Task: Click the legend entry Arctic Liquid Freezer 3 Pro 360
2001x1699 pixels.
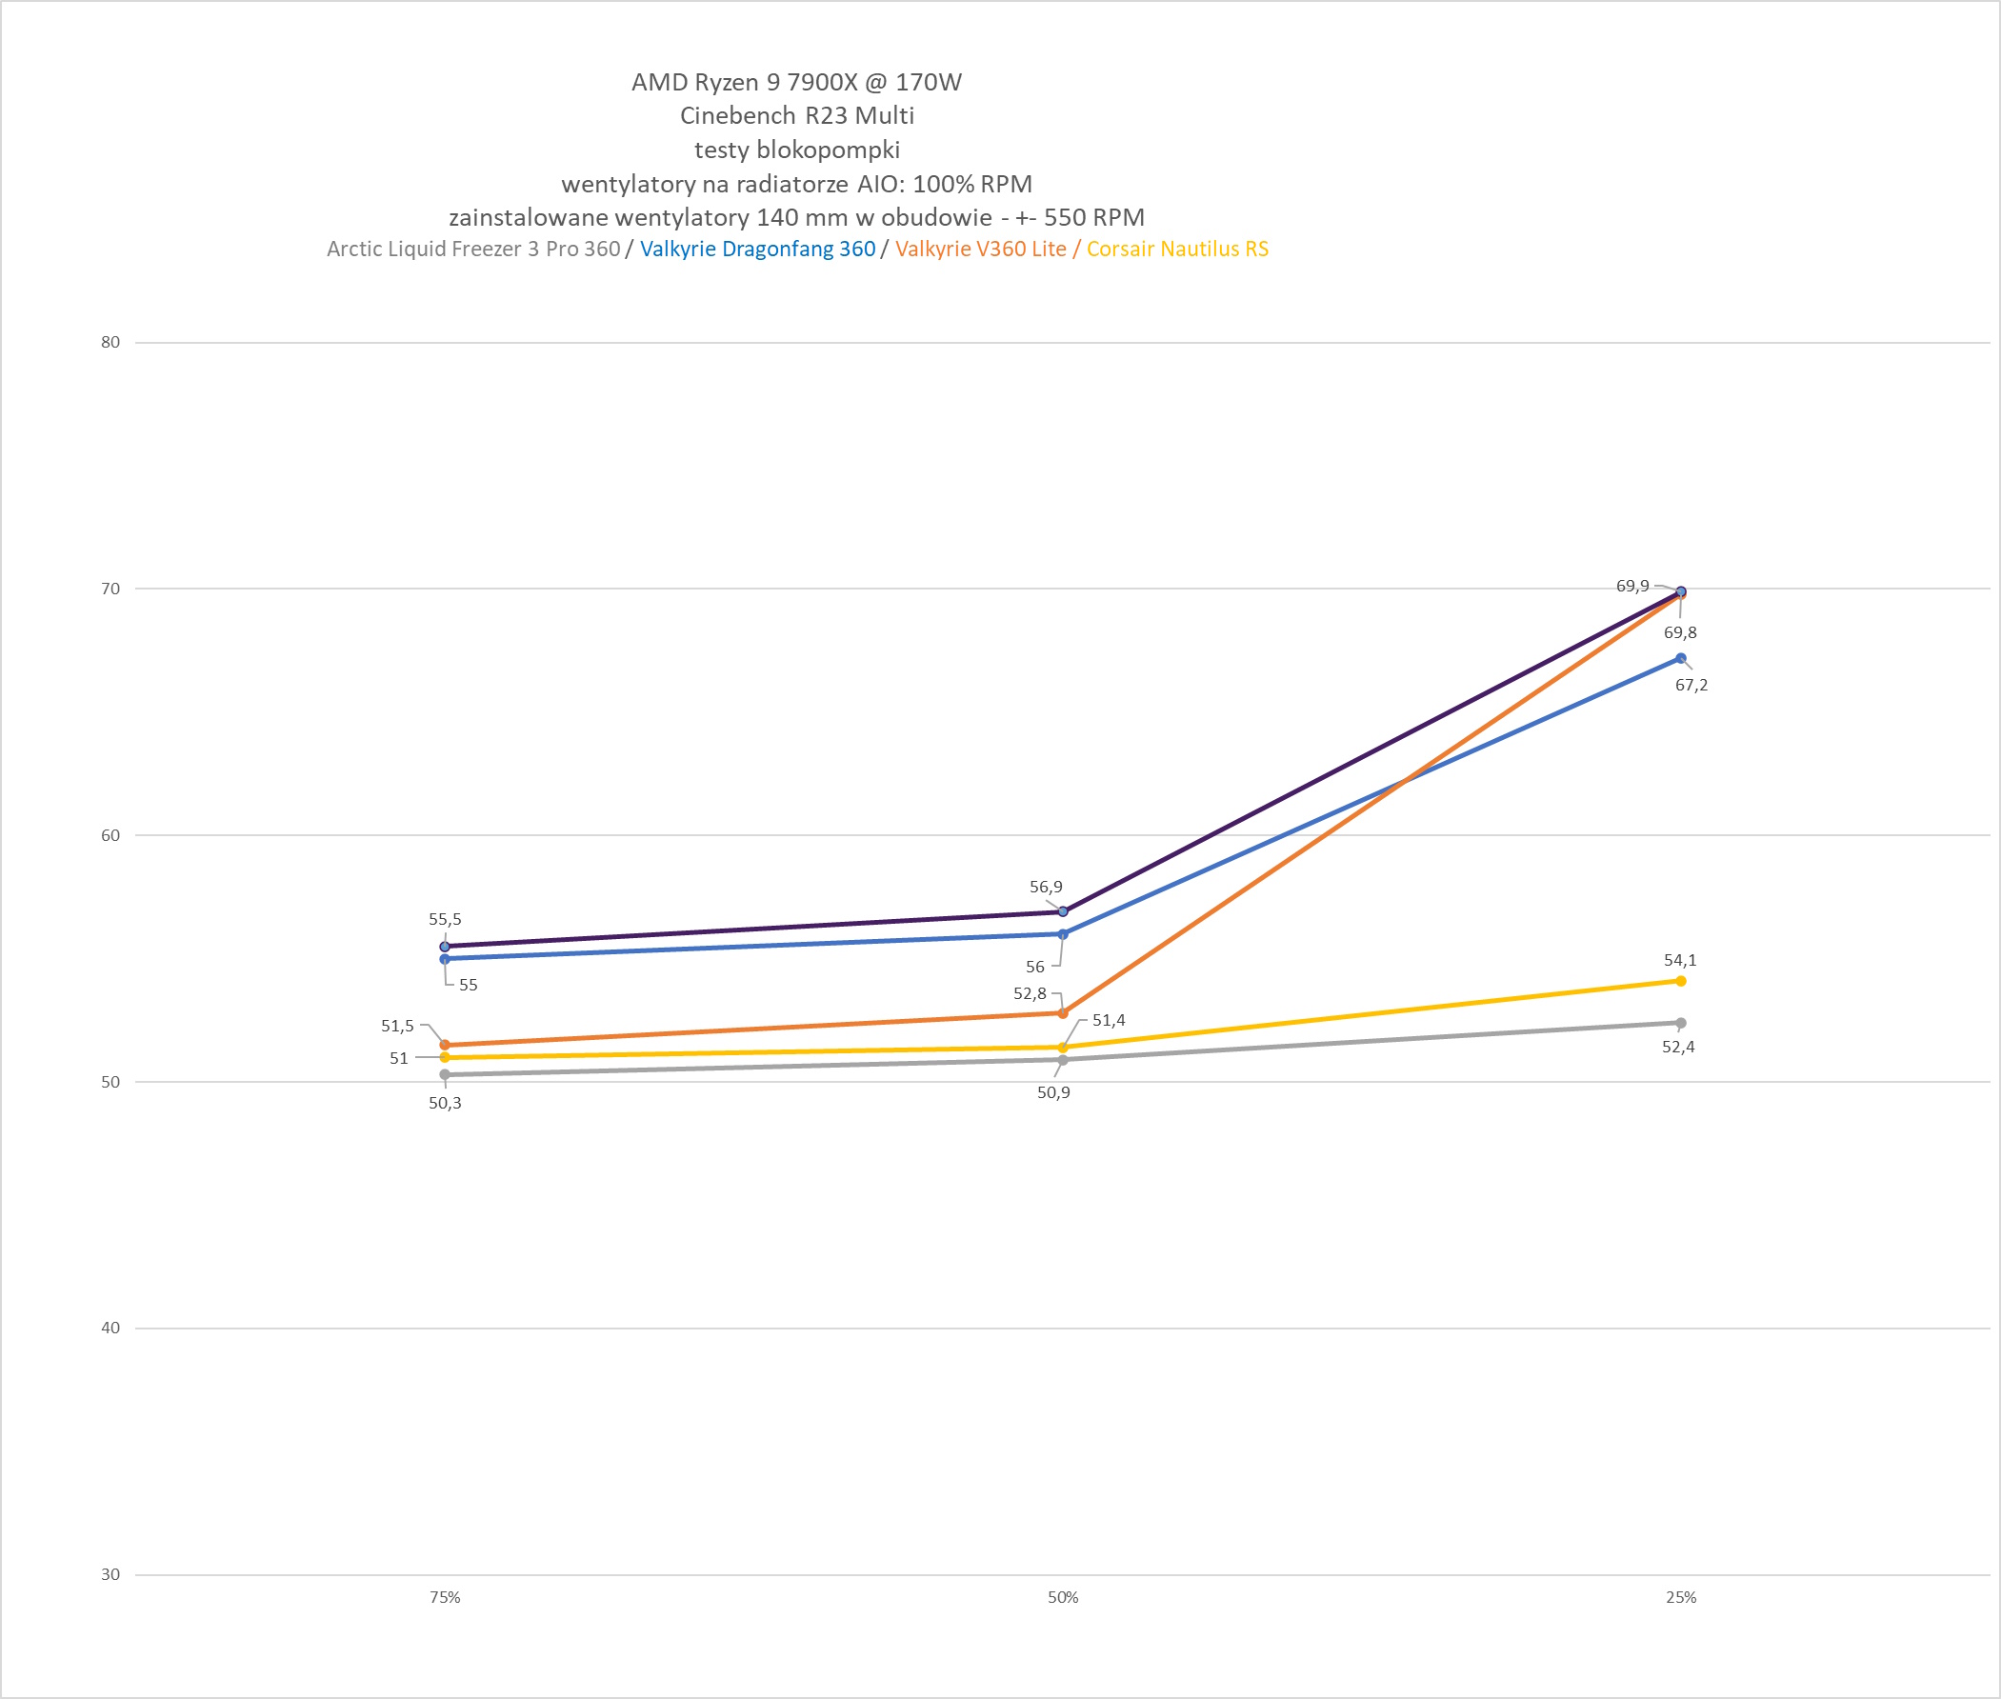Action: (472, 249)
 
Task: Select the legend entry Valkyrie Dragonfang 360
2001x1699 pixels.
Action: (757, 249)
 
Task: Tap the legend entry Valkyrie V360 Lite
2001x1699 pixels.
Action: (980, 249)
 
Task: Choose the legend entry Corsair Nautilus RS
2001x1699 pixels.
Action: (1177, 249)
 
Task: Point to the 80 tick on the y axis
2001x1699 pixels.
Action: (110, 342)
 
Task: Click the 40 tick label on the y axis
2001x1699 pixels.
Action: (110, 1328)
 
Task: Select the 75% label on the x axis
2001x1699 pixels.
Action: (445, 1597)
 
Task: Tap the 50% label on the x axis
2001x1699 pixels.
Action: (1063, 1597)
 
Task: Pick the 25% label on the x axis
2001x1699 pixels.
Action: (1681, 1597)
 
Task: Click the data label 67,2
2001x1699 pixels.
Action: (1691, 685)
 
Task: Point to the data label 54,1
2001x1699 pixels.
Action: (1680, 960)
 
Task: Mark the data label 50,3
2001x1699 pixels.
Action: (445, 1103)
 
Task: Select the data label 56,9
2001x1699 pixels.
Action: (1046, 887)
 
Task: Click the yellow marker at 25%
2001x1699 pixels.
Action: (1680, 981)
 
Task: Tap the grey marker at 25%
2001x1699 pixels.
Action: (1680, 1023)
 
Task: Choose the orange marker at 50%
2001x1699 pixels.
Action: (1063, 1013)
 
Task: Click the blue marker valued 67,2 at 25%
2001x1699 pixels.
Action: (1680, 659)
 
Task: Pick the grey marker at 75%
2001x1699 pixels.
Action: (445, 1074)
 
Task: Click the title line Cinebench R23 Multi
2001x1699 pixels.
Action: (796, 115)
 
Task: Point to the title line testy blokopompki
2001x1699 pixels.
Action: (796, 150)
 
